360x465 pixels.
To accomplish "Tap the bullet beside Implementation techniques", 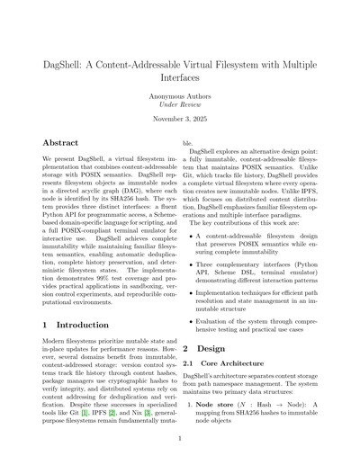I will (x=192, y=293).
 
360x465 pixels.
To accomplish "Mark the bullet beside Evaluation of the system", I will (x=192, y=319).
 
